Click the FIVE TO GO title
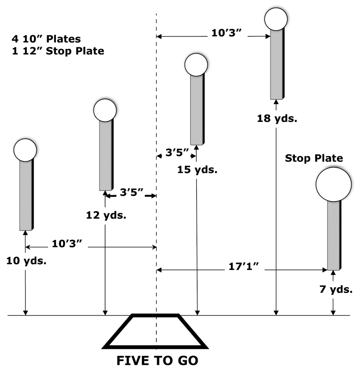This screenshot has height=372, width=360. click(157, 360)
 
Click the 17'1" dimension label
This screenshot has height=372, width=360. click(244, 266)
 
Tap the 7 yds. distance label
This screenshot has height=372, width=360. click(336, 290)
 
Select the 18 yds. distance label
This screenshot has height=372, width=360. click(277, 118)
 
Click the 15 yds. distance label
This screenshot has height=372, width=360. click(197, 170)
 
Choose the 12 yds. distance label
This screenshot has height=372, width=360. click(106, 215)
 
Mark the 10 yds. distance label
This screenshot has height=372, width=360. click(26, 261)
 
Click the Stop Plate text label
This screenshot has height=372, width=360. click(314, 158)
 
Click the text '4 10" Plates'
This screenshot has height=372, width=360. click(46, 39)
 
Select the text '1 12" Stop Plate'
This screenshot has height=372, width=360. click(58, 51)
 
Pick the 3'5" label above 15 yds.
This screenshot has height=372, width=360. click(177, 153)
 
